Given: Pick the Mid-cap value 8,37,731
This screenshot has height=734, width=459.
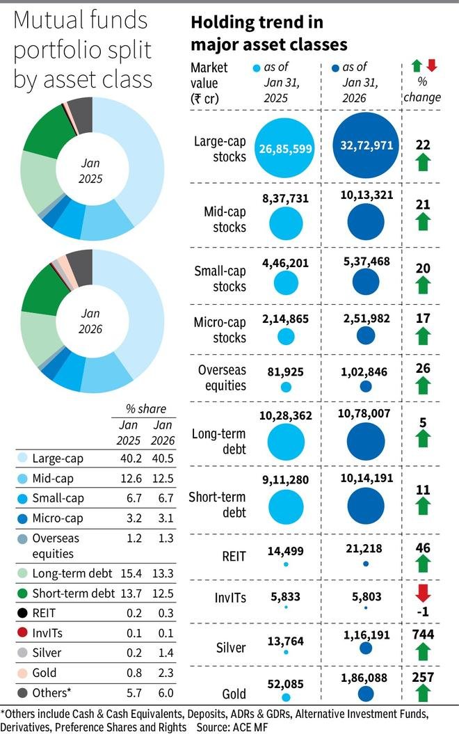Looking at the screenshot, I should (x=285, y=198).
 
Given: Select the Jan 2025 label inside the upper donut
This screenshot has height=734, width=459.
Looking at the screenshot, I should (x=91, y=171).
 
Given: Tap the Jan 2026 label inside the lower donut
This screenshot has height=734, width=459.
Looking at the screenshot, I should (x=91, y=322).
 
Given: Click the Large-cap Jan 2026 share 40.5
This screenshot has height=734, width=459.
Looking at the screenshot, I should (x=162, y=459).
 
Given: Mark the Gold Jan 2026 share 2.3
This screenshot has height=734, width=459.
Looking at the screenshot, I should (x=162, y=673).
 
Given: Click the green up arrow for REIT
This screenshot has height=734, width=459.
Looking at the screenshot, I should (x=423, y=564).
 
